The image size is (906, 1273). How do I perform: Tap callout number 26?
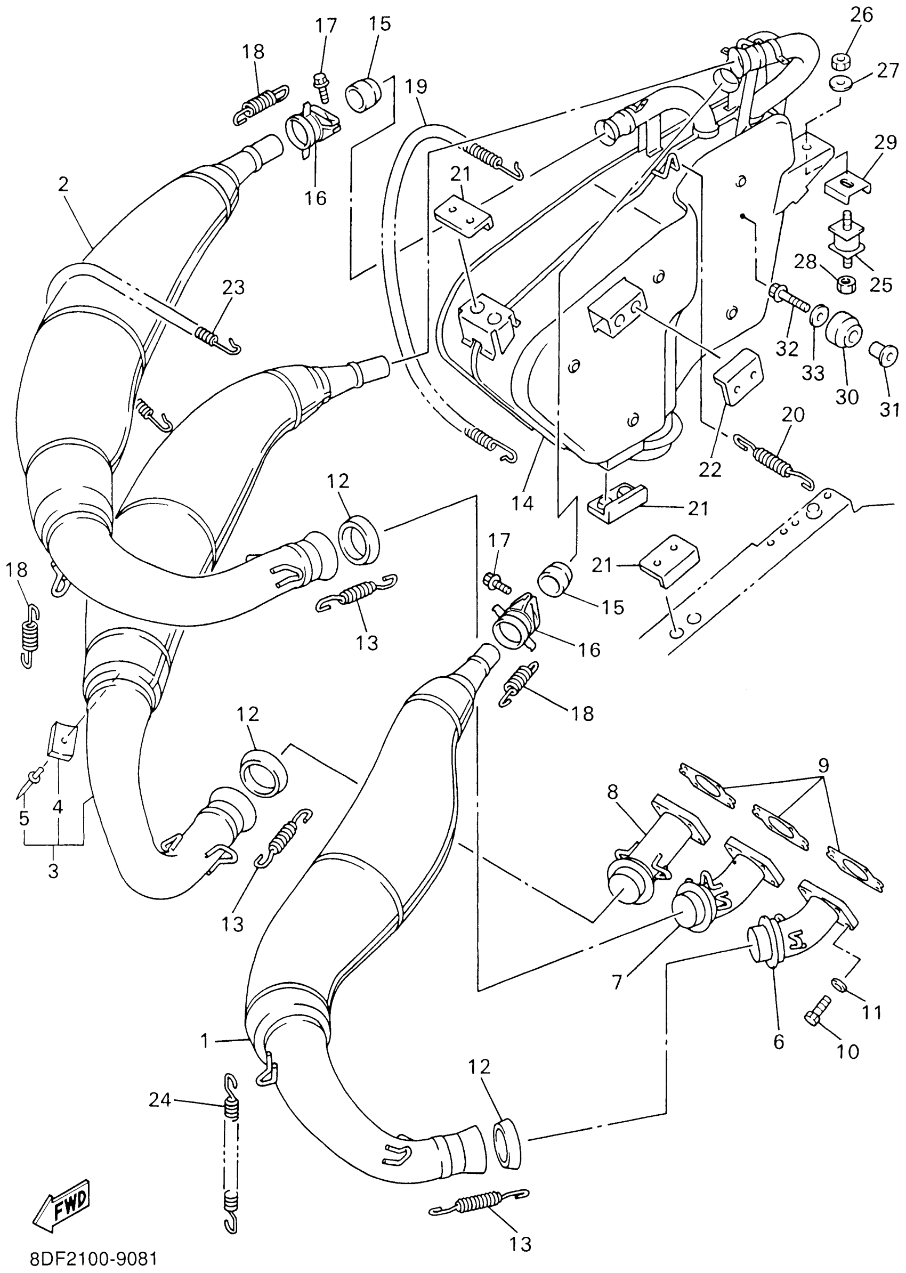tap(861, 15)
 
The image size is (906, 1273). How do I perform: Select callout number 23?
tap(233, 288)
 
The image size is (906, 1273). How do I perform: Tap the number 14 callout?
tap(522, 502)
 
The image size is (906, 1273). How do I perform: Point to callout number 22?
tap(710, 469)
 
